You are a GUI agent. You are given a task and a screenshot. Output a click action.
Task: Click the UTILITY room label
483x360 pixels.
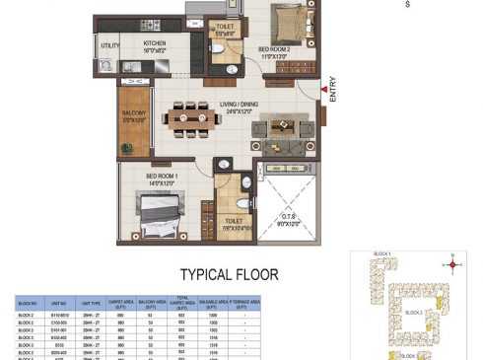tap(109, 45)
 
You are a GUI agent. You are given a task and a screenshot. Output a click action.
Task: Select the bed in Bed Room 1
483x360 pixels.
tap(158, 211)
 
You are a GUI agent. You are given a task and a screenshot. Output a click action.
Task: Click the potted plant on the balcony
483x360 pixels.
tap(126, 149)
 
